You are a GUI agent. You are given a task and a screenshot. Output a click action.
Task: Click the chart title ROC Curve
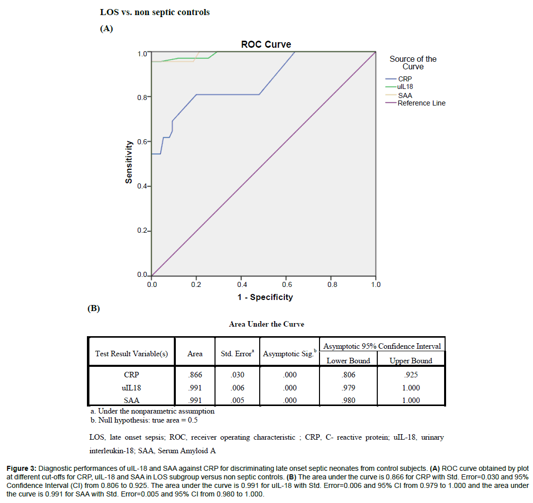[x=266, y=44]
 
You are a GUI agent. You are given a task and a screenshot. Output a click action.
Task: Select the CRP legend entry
[x=405, y=79]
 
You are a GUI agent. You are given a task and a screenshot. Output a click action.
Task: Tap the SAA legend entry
[x=405, y=95]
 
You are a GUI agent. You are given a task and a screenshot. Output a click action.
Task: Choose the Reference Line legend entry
[x=421, y=103]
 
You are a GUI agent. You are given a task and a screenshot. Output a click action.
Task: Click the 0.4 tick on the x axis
[x=241, y=284]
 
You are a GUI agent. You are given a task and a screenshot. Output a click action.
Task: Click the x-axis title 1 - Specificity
[x=265, y=297]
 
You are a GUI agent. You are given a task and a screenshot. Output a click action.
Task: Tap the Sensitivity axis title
[x=129, y=162]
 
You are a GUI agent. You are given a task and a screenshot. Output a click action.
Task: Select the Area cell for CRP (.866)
[x=195, y=375]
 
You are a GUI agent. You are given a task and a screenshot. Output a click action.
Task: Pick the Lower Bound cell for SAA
[x=348, y=400]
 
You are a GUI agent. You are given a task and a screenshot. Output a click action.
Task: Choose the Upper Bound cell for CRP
[x=410, y=375]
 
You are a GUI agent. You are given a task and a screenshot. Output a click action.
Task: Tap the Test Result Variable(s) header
[x=131, y=354]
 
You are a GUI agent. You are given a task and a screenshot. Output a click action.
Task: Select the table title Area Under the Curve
[x=266, y=324]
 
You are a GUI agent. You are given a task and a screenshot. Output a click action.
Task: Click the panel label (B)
[x=93, y=309]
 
